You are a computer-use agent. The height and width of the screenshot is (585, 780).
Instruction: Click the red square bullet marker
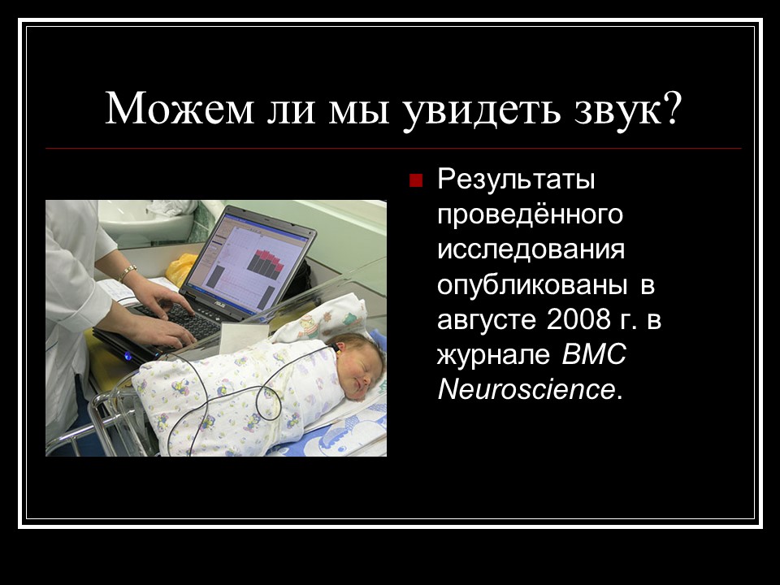pyautogui.click(x=417, y=180)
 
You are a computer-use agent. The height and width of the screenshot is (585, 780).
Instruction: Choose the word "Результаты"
pyautogui.click(x=517, y=180)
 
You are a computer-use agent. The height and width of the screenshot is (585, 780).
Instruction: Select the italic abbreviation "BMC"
pyautogui.click(x=595, y=355)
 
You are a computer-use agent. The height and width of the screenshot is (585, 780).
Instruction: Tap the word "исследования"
pyautogui.click(x=531, y=249)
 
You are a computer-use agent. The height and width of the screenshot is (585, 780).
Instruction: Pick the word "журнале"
pyautogui.click(x=493, y=355)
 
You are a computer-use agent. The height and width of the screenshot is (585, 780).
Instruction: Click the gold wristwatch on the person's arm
pyautogui.click(x=128, y=273)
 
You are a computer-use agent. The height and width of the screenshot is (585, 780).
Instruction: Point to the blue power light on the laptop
pyautogui.click(x=128, y=356)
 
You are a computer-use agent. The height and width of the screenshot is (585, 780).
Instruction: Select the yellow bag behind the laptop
pyautogui.click(x=180, y=267)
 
